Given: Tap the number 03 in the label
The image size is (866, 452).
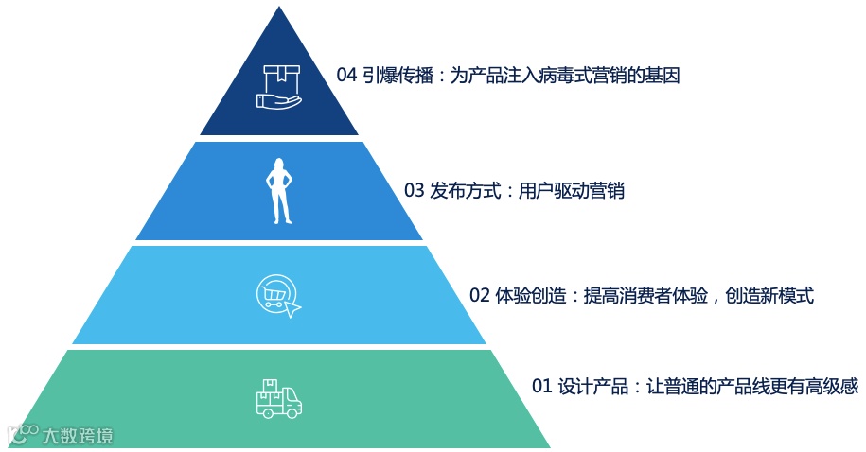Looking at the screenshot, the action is point(415,191).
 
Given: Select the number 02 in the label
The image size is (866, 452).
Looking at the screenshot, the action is point(480,295).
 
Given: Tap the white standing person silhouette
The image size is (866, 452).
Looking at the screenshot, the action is point(279,191).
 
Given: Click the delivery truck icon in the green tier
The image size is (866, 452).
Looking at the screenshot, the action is point(278,399).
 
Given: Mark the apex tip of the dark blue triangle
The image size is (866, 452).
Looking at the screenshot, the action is point(279,9).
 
